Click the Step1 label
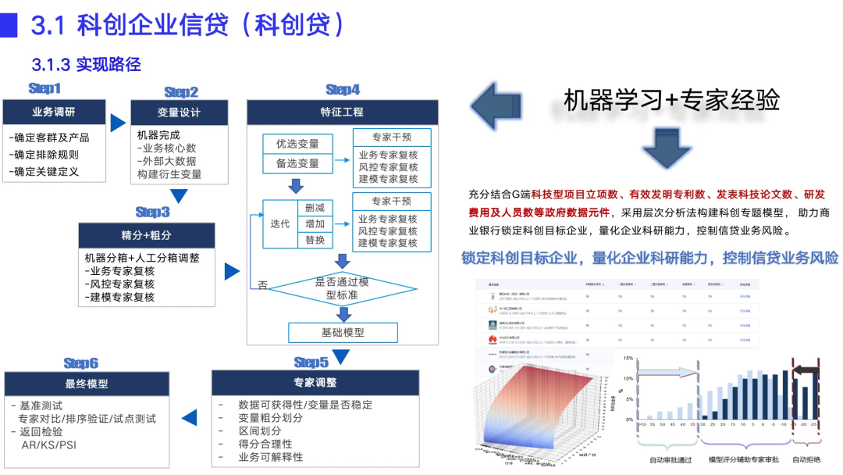coord(44,88)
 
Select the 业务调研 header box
coord(54,111)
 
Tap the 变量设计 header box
coord(179,112)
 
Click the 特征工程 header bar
coord(341,112)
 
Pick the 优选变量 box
coord(297,144)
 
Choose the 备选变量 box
coord(297,163)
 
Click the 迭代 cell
coord(279,223)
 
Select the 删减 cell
coord(315,207)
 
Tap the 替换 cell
coord(315,240)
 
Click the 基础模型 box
coord(343,332)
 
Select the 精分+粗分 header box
coord(146,235)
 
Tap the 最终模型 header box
coord(87,384)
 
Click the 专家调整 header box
coord(315,383)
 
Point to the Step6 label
coord(81,363)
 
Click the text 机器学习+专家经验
coord(671,99)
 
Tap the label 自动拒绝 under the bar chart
coord(806,459)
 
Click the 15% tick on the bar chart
coord(628,359)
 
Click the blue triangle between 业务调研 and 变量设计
coord(118,123)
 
